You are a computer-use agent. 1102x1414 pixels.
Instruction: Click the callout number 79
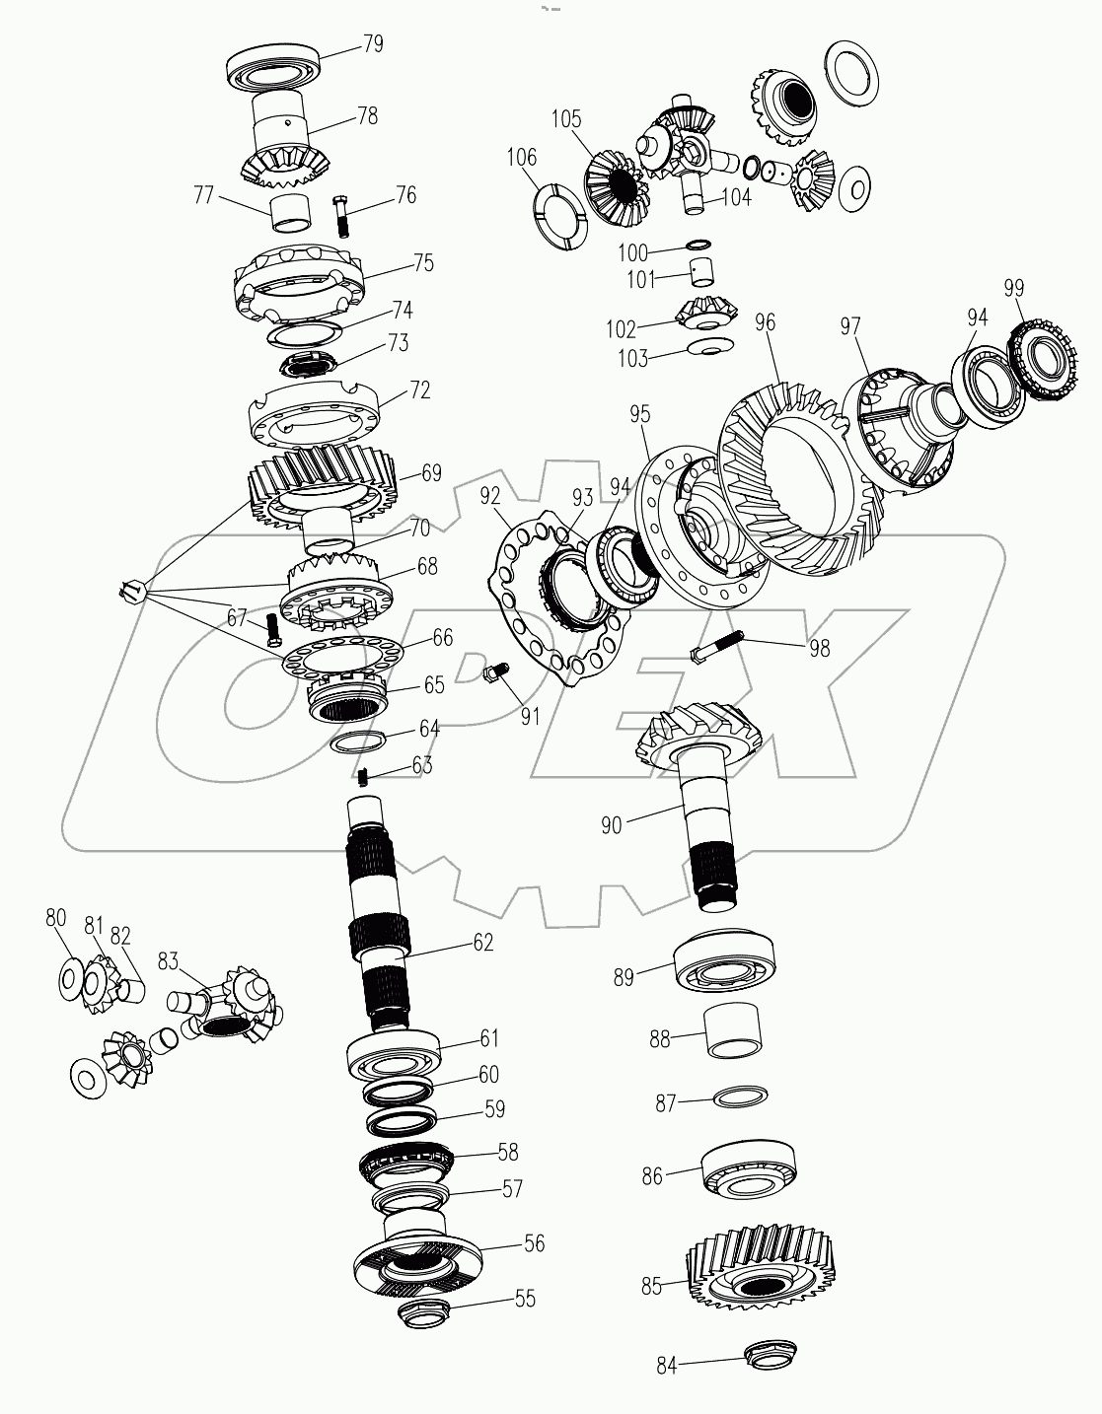point(372,44)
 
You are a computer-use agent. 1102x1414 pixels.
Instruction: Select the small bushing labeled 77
point(290,211)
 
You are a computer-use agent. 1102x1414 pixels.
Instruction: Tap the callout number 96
point(765,322)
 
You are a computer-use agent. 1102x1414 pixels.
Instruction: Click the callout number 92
point(490,494)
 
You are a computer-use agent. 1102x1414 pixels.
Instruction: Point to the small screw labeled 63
point(363,777)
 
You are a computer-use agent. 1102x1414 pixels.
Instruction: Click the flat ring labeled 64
point(356,741)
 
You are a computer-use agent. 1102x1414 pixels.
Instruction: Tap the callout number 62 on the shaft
point(482,942)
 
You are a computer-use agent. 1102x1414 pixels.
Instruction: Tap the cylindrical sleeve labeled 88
point(732,1031)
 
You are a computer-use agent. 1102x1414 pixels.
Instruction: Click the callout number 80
point(55,918)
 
